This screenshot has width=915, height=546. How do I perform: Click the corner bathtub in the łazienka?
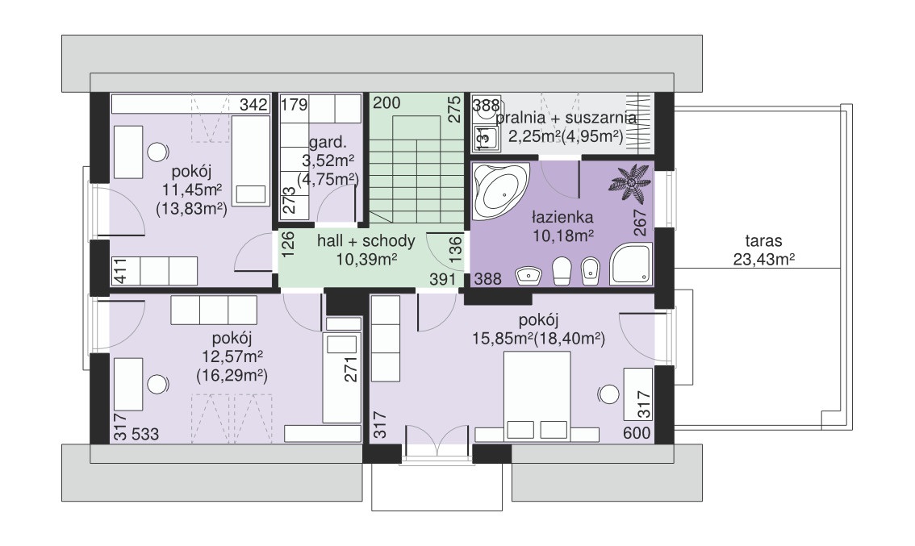(500, 190)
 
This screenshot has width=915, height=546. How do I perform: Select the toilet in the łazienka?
(562, 271)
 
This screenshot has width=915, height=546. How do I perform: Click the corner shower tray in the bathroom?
(631, 265)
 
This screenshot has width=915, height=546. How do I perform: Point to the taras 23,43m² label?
(764, 250)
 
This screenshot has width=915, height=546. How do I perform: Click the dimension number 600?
(637, 433)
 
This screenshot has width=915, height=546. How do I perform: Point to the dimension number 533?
(144, 434)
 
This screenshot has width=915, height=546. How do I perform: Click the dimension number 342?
(254, 105)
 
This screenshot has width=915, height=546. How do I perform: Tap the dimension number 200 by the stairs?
(386, 103)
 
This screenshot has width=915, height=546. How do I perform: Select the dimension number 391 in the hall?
(442, 279)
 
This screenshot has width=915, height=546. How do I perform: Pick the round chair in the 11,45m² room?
(157, 152)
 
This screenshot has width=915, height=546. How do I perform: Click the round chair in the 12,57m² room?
(157, 385)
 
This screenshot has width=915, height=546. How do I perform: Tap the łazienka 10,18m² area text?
(562, 227)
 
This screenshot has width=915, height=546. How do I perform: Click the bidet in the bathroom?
(589, 272)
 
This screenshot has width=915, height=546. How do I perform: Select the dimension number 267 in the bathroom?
(640, 223)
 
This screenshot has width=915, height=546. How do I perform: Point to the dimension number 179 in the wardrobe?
(294, 105)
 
